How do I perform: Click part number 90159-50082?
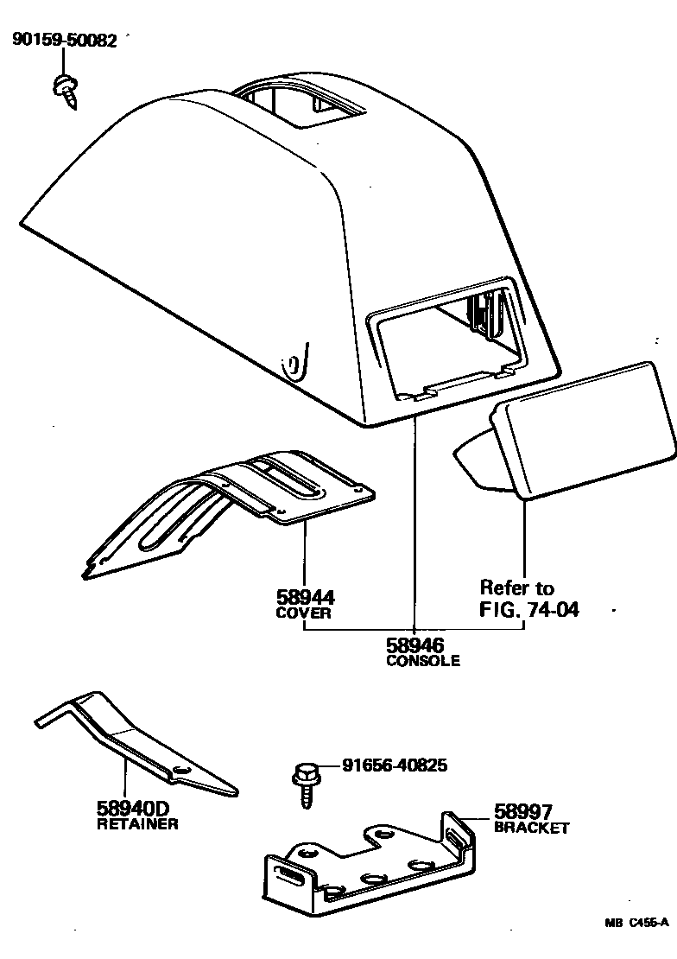pos(64,41)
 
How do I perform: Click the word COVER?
pos(304,613)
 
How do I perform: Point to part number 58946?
pos(414,645)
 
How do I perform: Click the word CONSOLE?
pos(422,662)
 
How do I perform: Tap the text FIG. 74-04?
pos(528,610)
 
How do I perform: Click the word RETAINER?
pos(137,824)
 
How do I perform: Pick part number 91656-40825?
pos(395,765)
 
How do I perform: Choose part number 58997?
pos(523,811)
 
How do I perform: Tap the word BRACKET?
pos(532,828)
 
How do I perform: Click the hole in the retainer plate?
pos(181,769)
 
